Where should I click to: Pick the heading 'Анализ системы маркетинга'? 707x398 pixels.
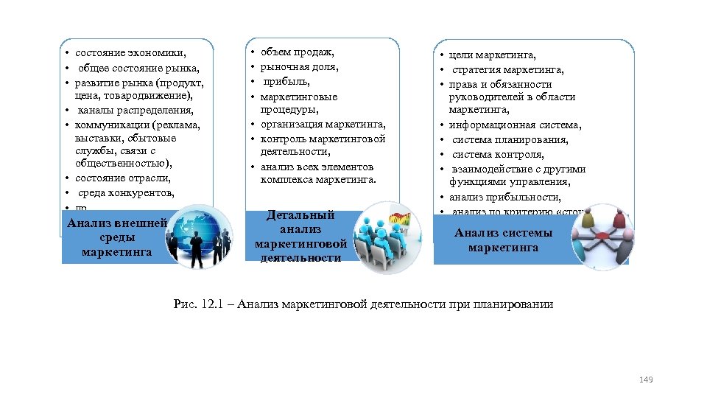point(504,240)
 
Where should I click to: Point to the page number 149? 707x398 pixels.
point(646,380)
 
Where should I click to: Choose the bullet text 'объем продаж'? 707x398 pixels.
point(298,52)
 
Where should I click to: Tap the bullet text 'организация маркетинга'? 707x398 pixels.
point(323,125)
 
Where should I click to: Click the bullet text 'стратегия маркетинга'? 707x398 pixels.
point(508,70)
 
